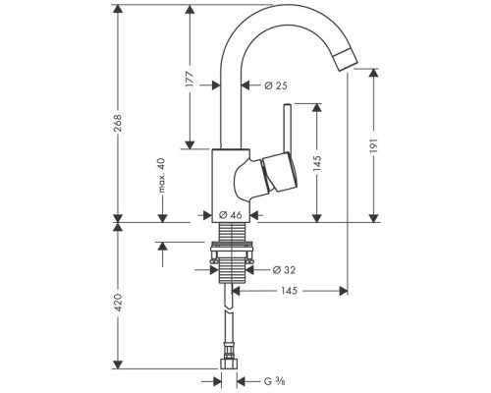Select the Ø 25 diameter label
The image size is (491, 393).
click(275, 87)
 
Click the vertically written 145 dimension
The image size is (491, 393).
click(317, 163)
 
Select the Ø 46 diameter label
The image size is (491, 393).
click(231, 213)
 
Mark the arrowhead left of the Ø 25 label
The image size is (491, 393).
click(254, 87)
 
